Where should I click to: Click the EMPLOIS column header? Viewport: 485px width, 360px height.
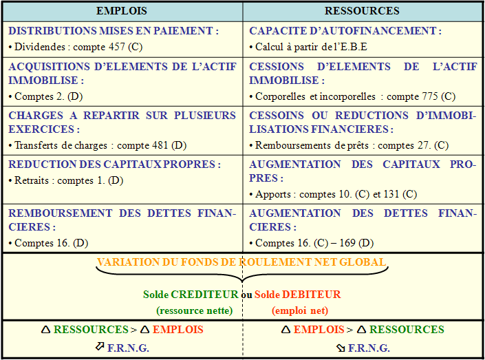coord(122,11)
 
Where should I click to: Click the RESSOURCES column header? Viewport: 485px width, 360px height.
coord(362,11)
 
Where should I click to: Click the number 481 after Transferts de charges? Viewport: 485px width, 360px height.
coord(159,145)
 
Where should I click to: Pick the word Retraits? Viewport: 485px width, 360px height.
coord(32,180)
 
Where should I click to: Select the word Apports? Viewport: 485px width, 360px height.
coord(273,194)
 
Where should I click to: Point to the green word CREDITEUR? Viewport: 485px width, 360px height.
coord(204,295)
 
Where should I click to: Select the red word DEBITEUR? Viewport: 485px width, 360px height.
coord(312,295)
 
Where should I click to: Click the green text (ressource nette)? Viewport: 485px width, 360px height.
coord(195,310)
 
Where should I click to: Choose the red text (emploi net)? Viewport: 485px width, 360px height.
coord(300,310)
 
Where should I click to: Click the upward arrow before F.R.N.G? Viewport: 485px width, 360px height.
coord(100,346)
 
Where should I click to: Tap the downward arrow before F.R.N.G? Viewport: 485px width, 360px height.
coord(341,348)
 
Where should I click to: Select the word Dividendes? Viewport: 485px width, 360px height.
coord(40,47)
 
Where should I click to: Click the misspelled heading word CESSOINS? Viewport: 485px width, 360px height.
coord(277,116)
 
